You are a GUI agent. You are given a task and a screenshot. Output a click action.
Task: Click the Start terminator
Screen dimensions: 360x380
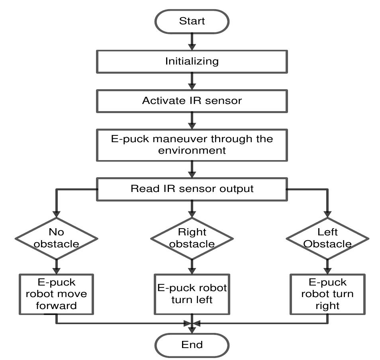tap(192, 21)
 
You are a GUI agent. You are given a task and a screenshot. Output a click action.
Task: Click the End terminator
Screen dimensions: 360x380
tap(192, 345)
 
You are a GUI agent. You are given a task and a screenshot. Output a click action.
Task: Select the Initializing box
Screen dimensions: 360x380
tap(192, 61)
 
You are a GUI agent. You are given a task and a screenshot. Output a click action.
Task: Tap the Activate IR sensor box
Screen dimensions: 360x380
tap(192, 100)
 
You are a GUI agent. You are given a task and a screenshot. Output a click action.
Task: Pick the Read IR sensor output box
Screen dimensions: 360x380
tap(192, 188)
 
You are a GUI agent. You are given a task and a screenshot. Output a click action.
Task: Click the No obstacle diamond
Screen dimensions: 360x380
tap(56, 238)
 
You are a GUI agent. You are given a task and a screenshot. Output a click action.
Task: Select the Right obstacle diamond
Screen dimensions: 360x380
tap(192, 238)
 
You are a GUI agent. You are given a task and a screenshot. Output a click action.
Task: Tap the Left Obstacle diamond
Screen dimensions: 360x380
tap(327, 238)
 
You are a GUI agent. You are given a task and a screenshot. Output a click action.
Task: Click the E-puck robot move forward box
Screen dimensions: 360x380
tap(56, 294)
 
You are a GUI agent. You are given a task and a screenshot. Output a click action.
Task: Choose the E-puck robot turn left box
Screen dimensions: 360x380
tap(192, 294)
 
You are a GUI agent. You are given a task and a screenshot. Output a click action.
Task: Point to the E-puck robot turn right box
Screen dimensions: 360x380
tap(327, 294)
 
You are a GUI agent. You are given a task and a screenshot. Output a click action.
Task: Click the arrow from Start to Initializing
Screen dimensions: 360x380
tap(192, 41)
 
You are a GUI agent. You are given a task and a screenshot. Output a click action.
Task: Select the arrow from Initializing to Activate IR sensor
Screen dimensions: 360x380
tap(192, 81)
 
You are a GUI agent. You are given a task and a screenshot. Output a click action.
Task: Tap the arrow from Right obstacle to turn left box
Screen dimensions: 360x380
tap(192, 266)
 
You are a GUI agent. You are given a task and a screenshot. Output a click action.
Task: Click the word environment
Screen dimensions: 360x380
tap(192, 151)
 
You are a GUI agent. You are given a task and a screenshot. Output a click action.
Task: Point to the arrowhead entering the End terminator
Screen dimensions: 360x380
tap(192, 330)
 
